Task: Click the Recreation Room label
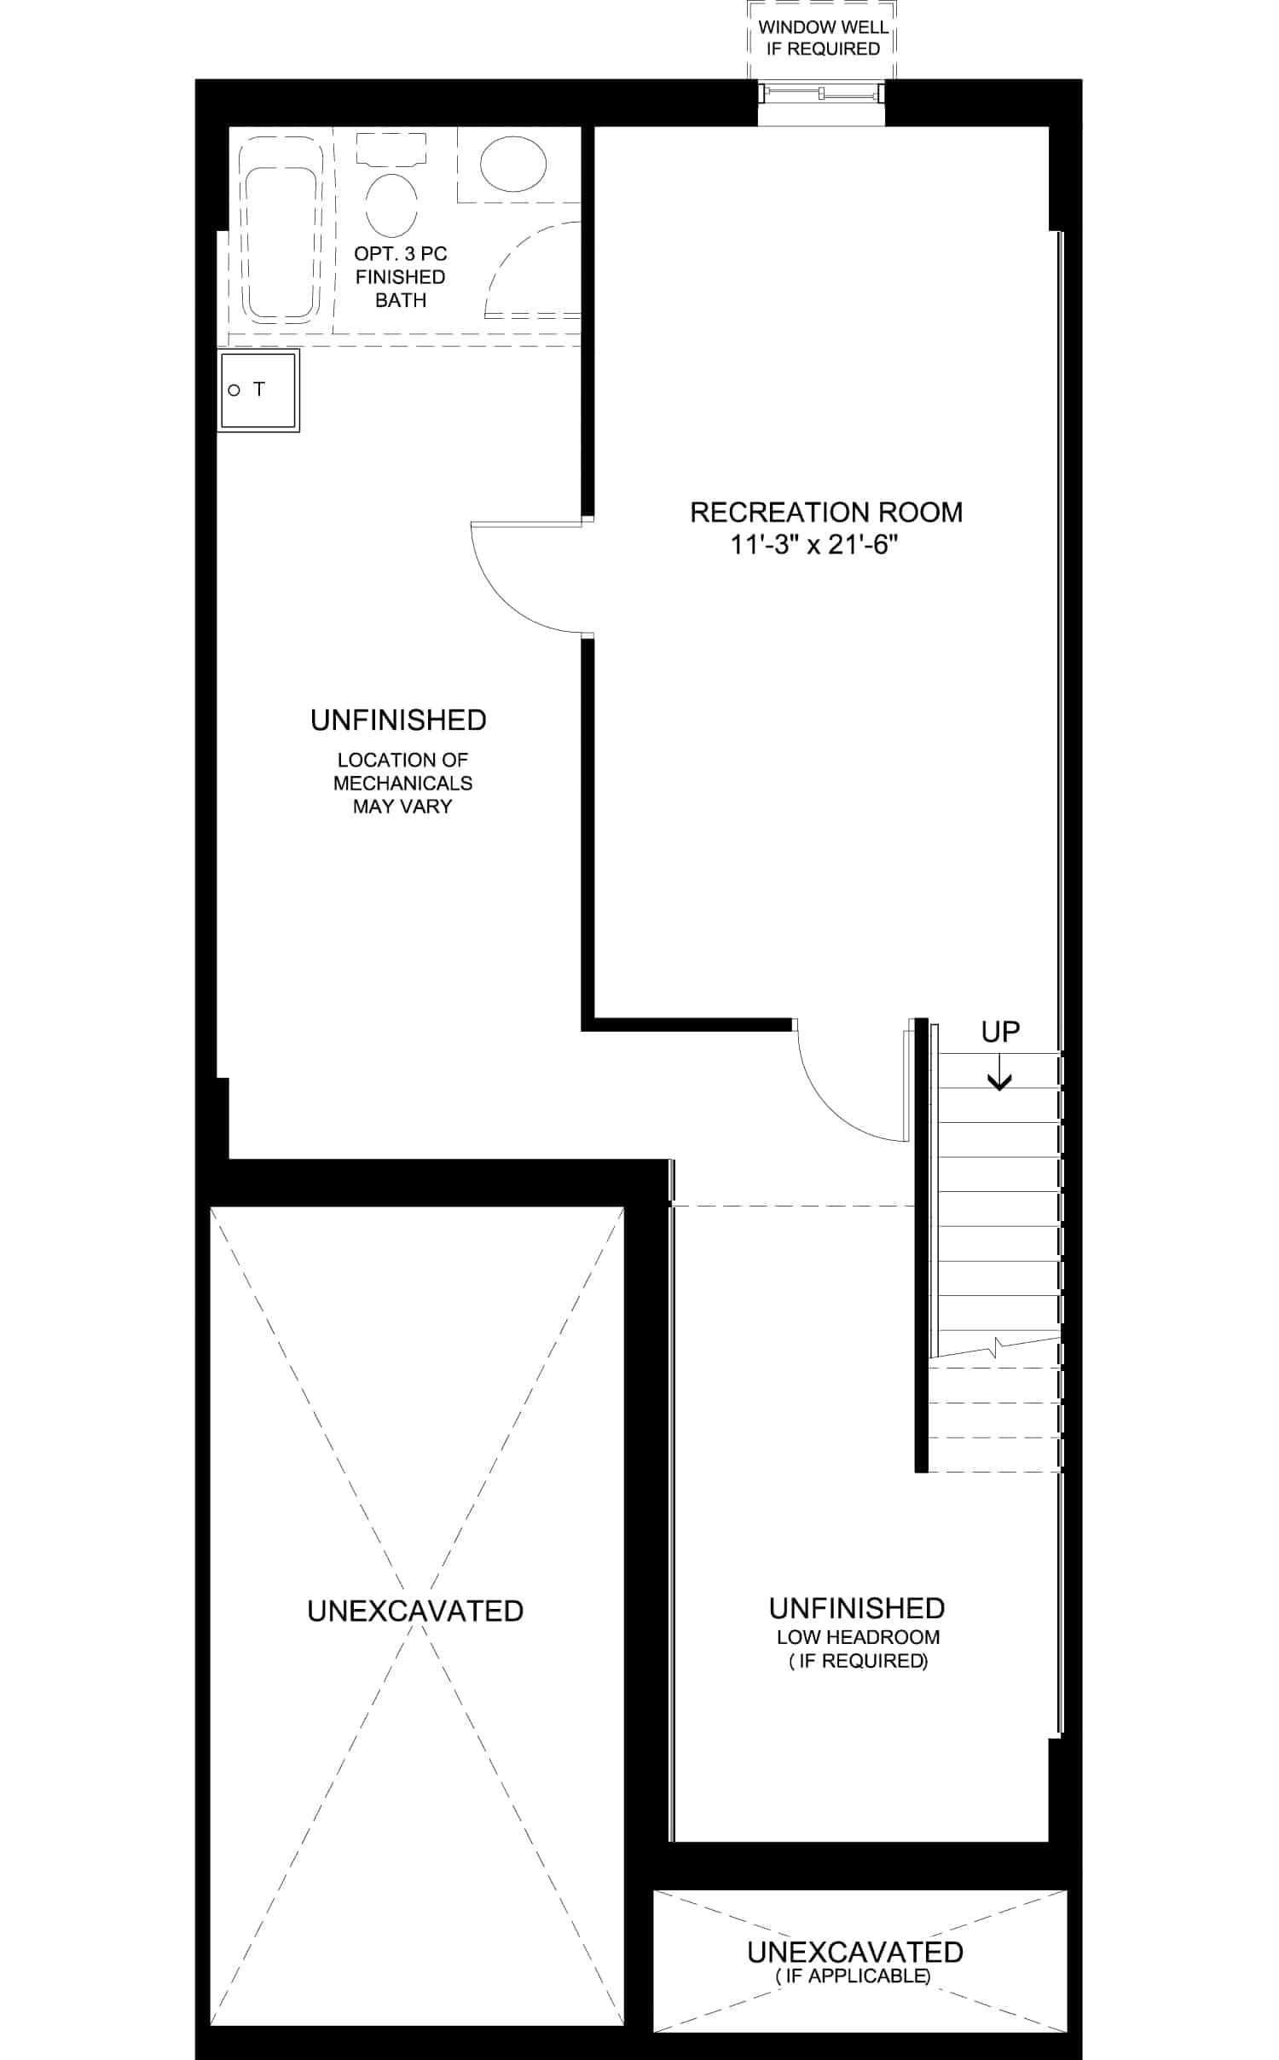point(826,512)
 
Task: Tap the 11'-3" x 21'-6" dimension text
point(814,545)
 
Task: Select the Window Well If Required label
point(823,38)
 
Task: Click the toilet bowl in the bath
point(391,205)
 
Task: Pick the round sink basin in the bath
point(512,164)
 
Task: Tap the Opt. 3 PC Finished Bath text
point(401,277)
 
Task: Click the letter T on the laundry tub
point(259,390)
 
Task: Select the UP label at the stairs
point(1000,1033)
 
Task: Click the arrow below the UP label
point(999,1072)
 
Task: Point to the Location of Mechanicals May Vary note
point(402,783)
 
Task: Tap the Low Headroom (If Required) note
point(858,1649)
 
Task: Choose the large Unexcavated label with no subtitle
point(415,1611)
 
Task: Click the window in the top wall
point(821,93)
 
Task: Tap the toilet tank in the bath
point(391,149)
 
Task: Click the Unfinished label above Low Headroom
point(857,1608)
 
